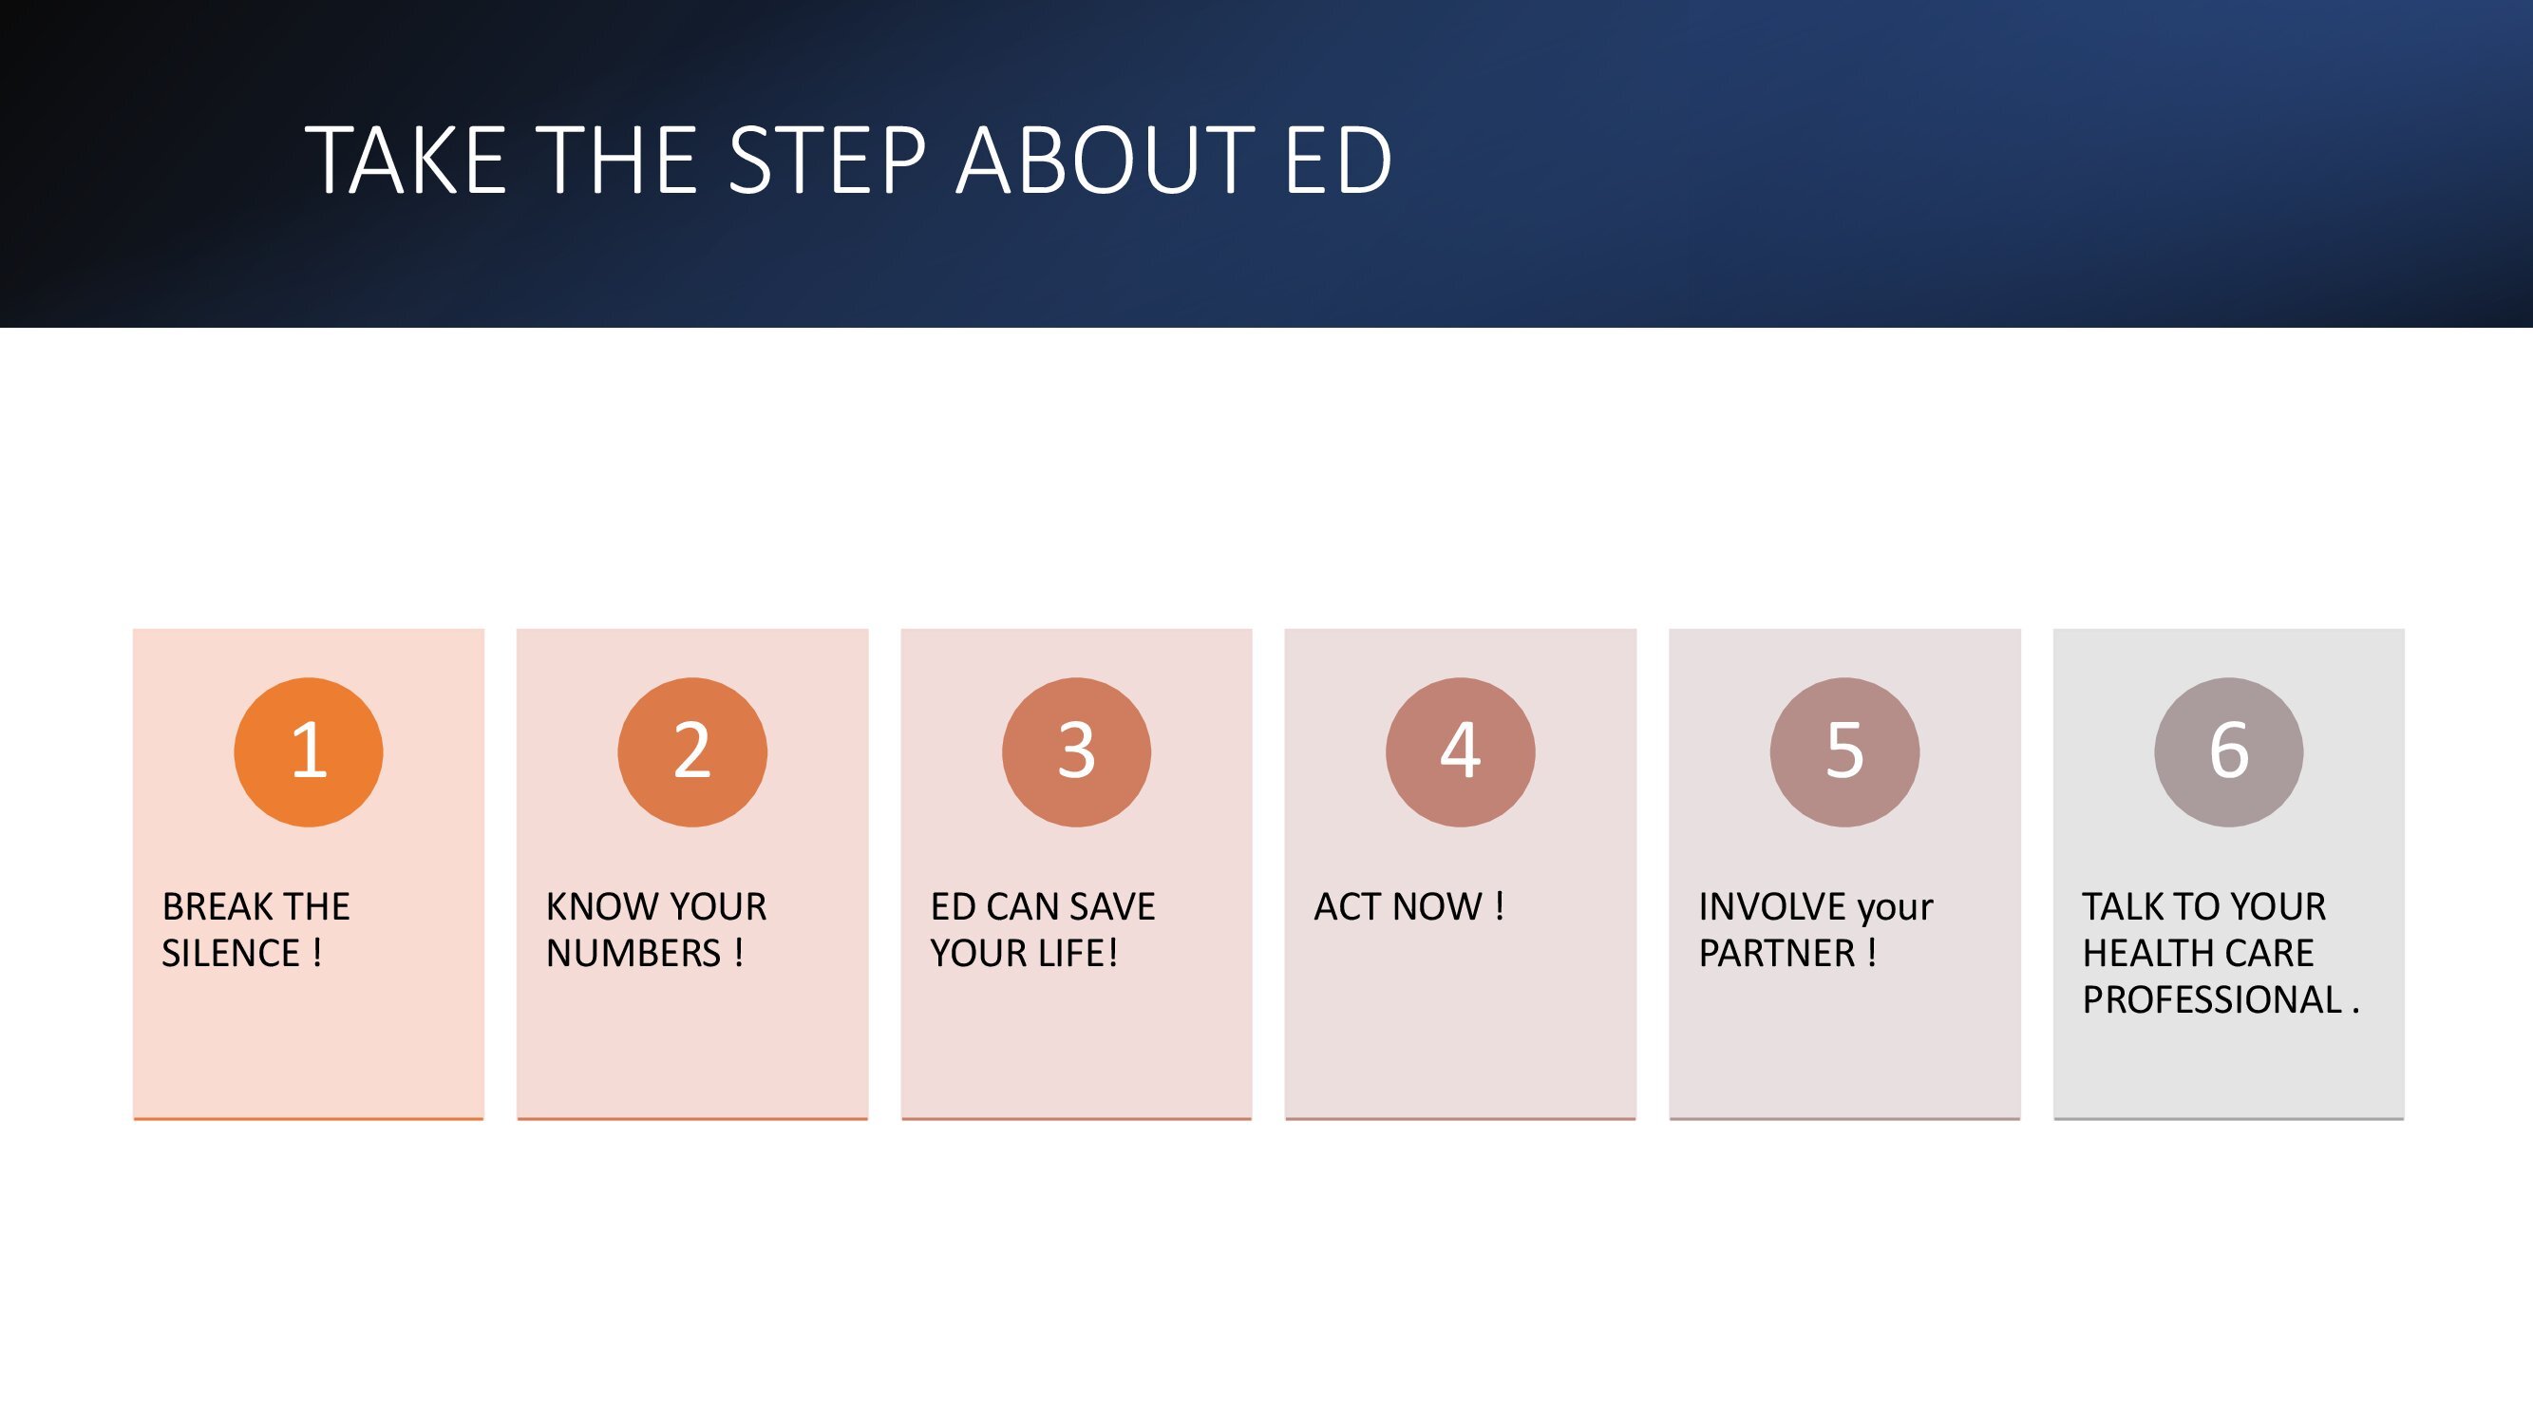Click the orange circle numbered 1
click(x=309, y=752)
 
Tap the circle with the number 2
click(x=692, y=752)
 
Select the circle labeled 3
click(x=1077, y=752)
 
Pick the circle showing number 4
click(x=1460, y=752)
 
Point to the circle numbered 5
click(x=1844, y=752)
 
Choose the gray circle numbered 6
click(x=2229, y=752)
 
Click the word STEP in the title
click(x=828, y=160)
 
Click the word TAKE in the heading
click(x=406, y=160)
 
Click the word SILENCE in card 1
click(x=231, y=953)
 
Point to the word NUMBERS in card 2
click(x=634, y=953)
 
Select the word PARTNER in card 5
click(x=1777, y=953)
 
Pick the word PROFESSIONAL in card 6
click(x=2212, y=999)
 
